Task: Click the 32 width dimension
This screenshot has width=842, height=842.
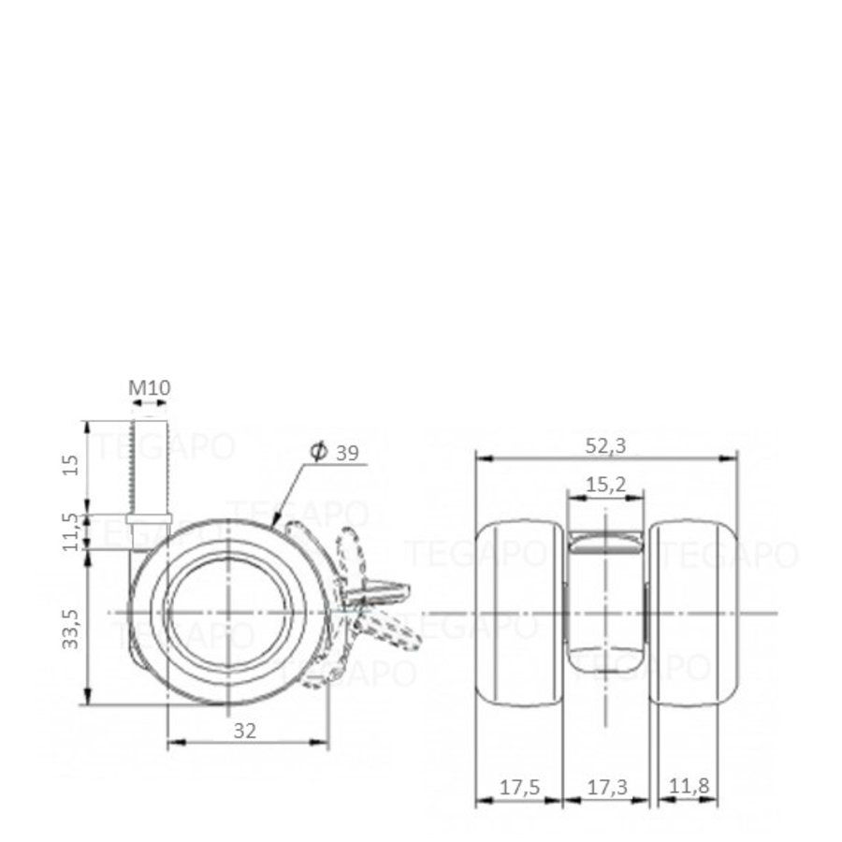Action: pos(245,732)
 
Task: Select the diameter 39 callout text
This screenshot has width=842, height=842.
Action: pos(334,453)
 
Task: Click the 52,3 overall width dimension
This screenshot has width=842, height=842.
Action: pos(606,446)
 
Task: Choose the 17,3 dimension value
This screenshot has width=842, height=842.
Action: pos(606,788)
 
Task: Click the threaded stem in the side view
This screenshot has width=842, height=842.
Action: pos(150,468)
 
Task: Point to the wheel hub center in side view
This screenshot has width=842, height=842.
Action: pos(228,613)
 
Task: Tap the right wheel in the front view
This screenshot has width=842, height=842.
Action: pos(694,613)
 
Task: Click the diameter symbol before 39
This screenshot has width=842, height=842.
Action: pos(316,453)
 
